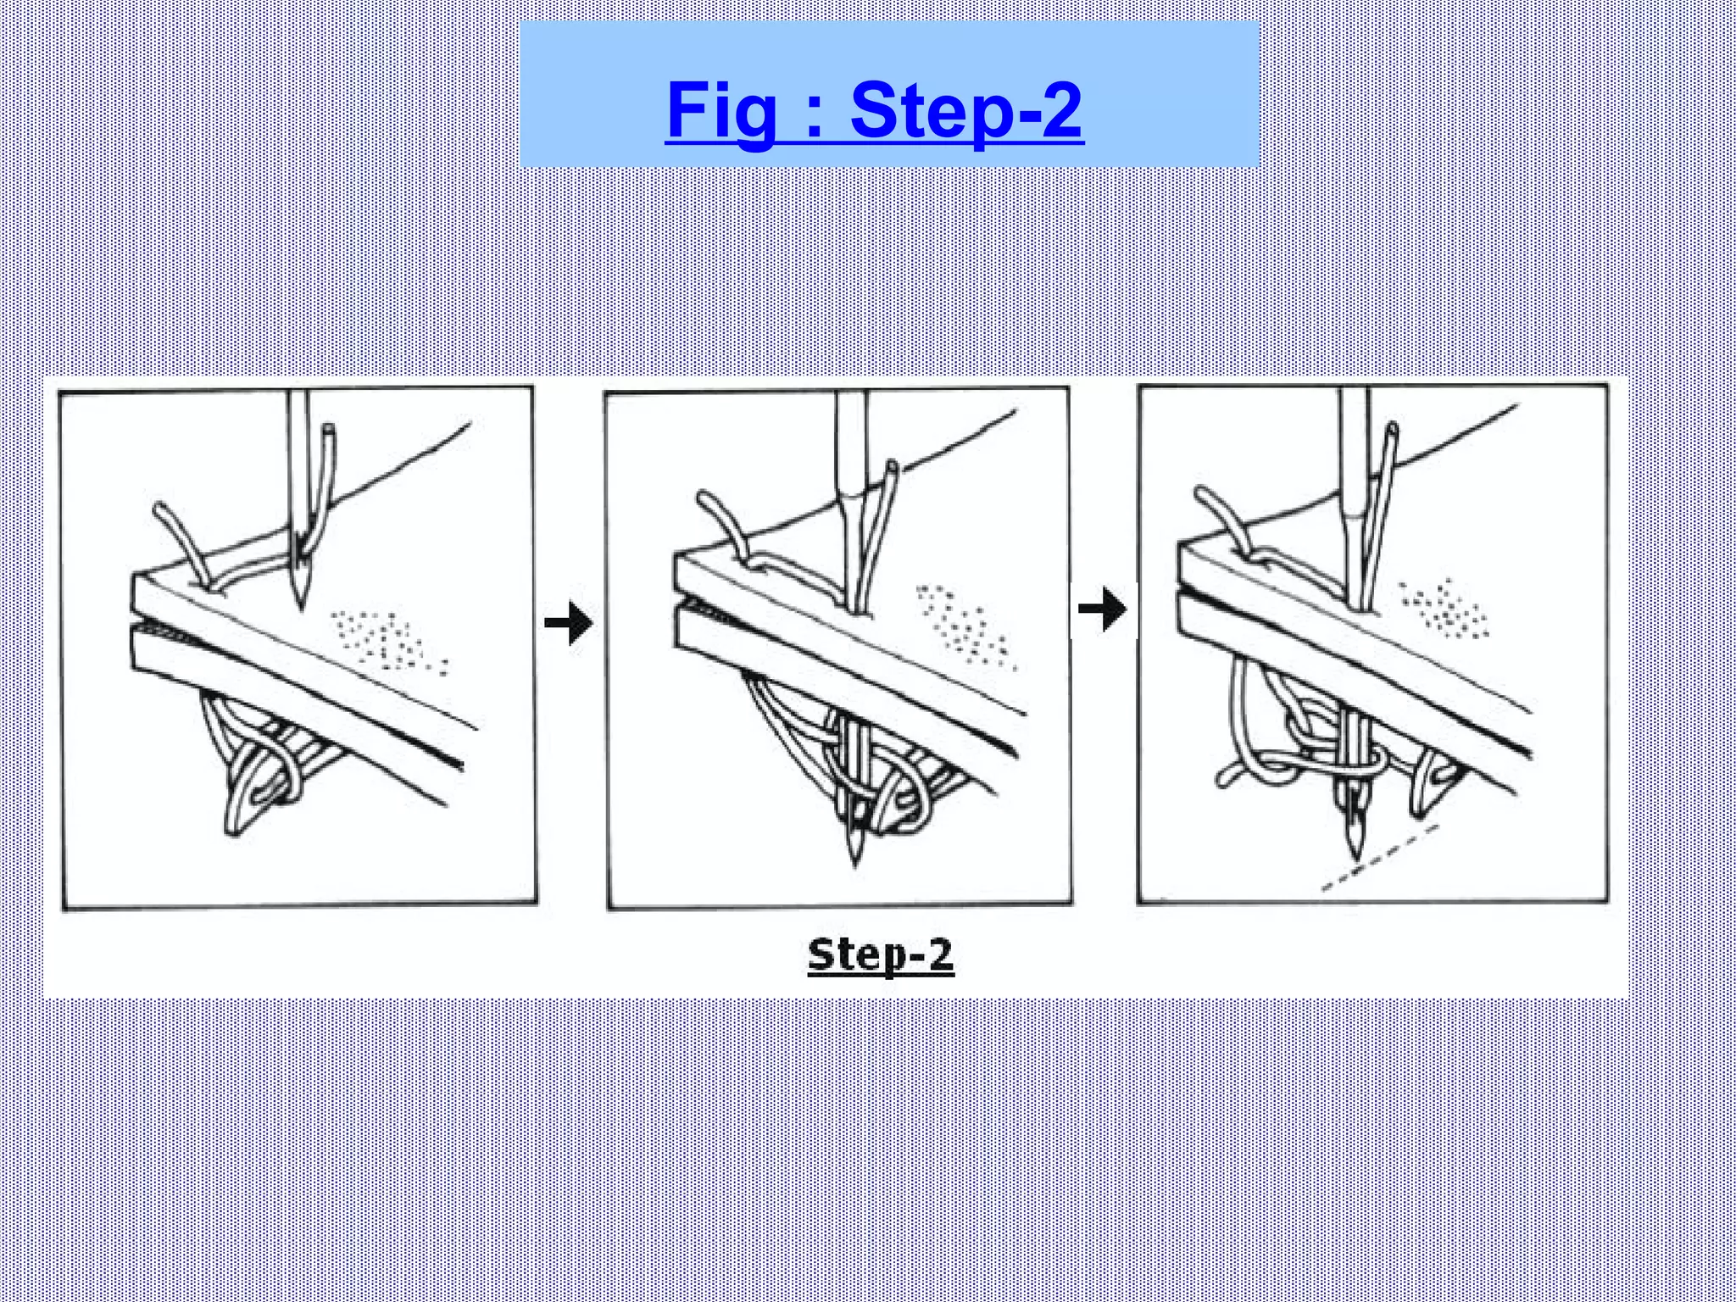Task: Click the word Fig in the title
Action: (x=721, y=110)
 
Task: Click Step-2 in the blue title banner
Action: (x=966, y=110)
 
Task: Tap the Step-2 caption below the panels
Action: (x=881, y=955)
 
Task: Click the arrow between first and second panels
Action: (x=569, y=625)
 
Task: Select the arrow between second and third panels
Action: (x=1103, y=609)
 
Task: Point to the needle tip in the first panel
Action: (x=299, y=604)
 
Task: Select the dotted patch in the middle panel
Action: (x=966, y=627)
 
